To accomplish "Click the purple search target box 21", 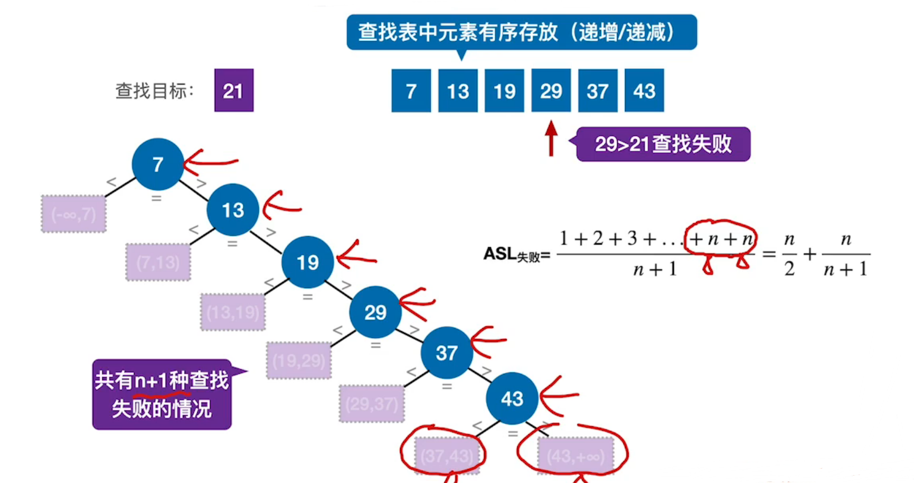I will pos(233,90).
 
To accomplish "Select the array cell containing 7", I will pos(411,90).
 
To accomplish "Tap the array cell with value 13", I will pos(458,90).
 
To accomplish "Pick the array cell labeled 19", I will pos(504,90).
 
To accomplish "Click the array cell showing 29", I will pos(551,90).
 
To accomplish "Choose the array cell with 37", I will pos(597,90).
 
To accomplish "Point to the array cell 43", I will pos(644,90).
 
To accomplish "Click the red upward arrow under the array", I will pos(551,138).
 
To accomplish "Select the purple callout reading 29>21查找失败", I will pos(663,144).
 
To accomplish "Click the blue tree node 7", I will pos(157,164).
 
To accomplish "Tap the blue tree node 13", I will pos(233,210).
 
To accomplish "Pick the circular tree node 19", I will pos(307,262).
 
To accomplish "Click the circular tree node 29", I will pos(375,312).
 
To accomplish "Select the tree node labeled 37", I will pos(446,352).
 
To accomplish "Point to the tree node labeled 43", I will pos(512,398).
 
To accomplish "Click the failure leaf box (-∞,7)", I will pos(73,214).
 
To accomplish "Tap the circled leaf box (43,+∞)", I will pos(576,454).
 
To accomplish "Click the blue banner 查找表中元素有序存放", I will pos(521,32).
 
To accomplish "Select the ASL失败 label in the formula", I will pos(516,255).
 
